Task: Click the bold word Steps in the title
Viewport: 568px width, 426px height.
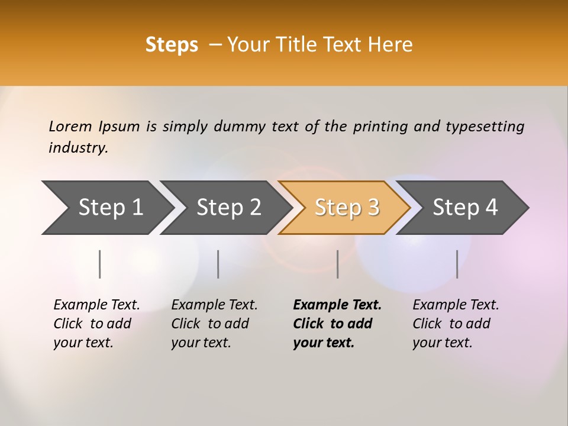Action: tap(172, 45)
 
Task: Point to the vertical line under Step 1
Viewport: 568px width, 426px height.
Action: tap(100, 264)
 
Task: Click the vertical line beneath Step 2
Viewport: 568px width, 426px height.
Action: tap(218, 264)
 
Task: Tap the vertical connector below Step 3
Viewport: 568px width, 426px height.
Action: tap(337, 264)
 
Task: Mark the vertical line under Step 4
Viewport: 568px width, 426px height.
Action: tap(457, 264)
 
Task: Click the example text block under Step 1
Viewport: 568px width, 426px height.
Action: tap(96, 324)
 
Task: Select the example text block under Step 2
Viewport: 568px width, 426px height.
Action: tap(214, 324)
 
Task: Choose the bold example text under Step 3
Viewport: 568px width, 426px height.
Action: tap(337, 324)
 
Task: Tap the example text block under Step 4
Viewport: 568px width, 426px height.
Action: tap(456, 324)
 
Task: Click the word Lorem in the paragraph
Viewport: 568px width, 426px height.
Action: tap(70, 126)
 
